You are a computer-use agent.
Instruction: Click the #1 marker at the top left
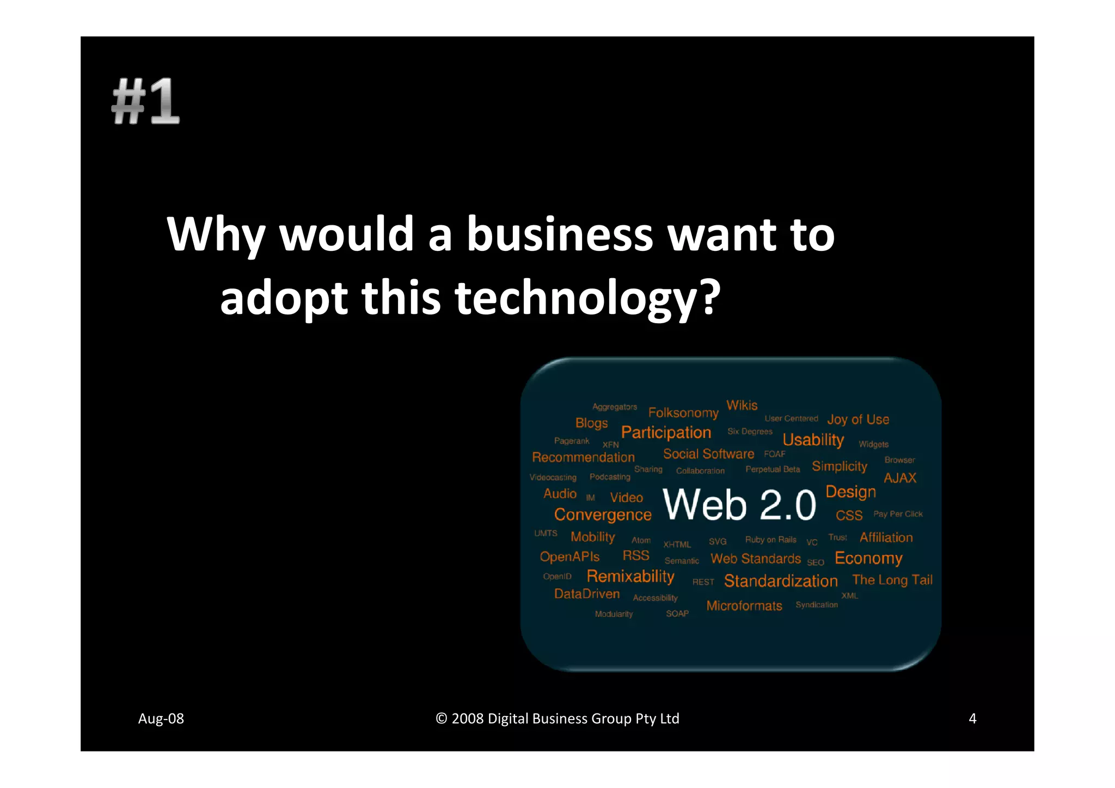tap(145, 101)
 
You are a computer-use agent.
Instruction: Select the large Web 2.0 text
tap(739, 504)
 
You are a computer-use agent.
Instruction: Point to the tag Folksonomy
tap(683, 413)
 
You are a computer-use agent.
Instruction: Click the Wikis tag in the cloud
tap(742, 405)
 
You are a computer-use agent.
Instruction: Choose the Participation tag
tap(666, 433)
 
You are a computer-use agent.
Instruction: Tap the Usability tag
tap(813, 440)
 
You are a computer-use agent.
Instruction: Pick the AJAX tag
tap(899, 478)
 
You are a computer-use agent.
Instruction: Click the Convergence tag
tap(603, 515)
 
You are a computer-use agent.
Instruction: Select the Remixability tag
tap(630, 576)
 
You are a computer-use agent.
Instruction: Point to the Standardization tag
tap(781, 581)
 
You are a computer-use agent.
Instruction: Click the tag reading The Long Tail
tap(892, 580)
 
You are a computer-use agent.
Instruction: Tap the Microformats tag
tap(744, 606)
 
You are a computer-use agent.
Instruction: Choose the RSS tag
tap(636, 556)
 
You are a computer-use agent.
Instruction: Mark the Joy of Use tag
tap(858, 420)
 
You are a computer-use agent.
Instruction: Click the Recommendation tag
tap(583, 458)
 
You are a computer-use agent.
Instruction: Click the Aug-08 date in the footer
tap(161, 719)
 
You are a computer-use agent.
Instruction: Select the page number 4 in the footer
tap(972, 719)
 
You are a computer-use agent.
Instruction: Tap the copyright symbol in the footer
tap(441, 719)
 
